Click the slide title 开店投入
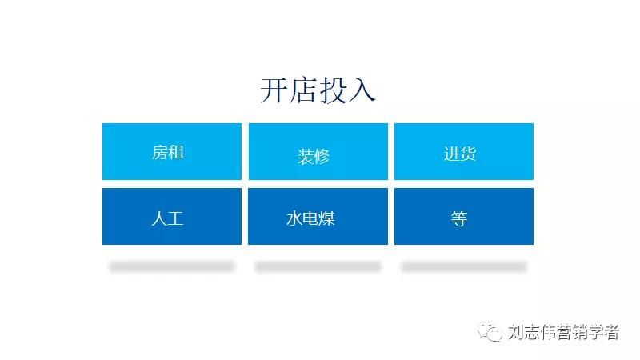pos(318,90)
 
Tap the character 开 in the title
pos(274,90)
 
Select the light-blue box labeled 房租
pos(171,151)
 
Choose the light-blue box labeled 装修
pos(318,151)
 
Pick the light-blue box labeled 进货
pos(464,151)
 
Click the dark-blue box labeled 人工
pos(171,216)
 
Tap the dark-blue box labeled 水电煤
pos(318,216)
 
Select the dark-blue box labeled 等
pos(464,216)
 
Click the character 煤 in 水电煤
pos(326,218)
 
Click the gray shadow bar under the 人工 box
pos(171,266)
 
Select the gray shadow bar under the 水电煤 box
pos(318,266)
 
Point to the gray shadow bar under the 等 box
pos(464,266)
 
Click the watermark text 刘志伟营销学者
pos(564,332)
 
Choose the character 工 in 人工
pos(176,218)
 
